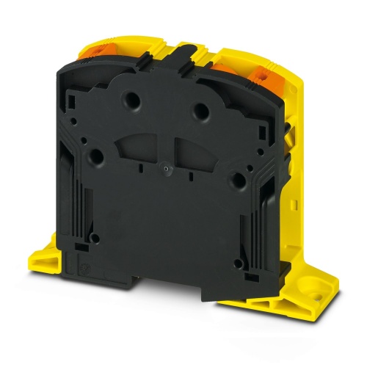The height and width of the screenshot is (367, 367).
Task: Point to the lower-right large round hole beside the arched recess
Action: tap(237, 180)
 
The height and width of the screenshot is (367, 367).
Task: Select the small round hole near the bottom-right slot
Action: tap(236, 258)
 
